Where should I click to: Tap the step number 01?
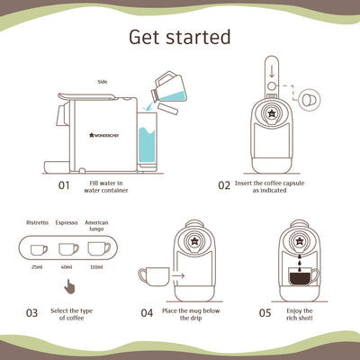pos(64,186)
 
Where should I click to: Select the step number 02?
pos(224,185)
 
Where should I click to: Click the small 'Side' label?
pos(103,80)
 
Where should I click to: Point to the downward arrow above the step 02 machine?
pos(271,72)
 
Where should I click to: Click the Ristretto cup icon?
pos(37,249)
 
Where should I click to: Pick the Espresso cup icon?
pos(67,249)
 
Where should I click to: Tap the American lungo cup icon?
pos(98,248)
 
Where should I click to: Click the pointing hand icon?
pos(67,289)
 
